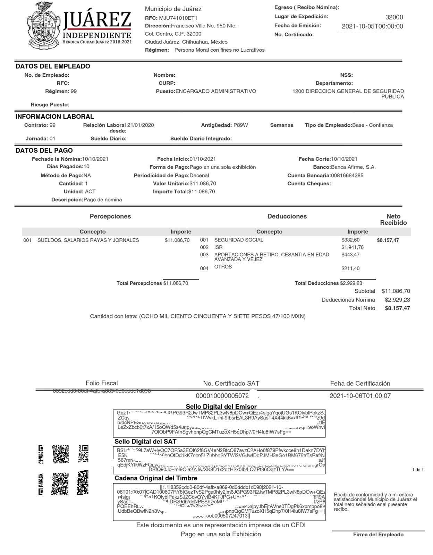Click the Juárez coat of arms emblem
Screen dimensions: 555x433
pyautogui.click(x=43, y=25)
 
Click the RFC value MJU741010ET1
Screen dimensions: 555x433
pyautogui.click(x=178, y=18)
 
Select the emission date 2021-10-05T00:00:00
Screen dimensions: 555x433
pyautogui.click(x=372, y=26)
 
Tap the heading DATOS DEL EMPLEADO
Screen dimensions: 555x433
pyautogui.click(x=53, y=66)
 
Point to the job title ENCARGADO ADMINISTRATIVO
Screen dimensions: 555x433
pyautogui.click(x=216, y=91)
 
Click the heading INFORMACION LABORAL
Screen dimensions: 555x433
pyautogui.click(x=54, y=117)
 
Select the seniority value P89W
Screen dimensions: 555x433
pyautogui.click(x=241, y=125)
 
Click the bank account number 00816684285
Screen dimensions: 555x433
pyautogui.click(x=347, y=176)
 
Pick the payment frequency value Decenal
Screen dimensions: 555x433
pyautogui.click(x=199, y=176)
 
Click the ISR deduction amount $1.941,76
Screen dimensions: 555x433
pyautogui.click(x=353, y=247)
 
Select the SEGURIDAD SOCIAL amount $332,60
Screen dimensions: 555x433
pyautogui.click(x=350, y=240)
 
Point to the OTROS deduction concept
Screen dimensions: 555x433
pyautogui.click(x=223, y=267)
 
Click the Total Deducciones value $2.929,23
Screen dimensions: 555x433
pyautogui.click(x=351, y=283)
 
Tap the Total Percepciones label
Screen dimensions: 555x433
pyautogui.click(x=139, y=283)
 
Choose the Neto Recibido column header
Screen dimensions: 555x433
pyautogui.click(x=393, y=219)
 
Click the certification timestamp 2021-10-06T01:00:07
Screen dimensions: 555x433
pyautogui.click(x=360, y=396)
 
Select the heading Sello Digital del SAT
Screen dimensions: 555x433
pyautogui.click(x=145, y=442)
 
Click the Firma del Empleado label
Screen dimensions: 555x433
pyautogui.click(x=378, y=535)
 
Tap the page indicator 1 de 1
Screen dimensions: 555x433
pyautogui.click(x=418, y=470)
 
